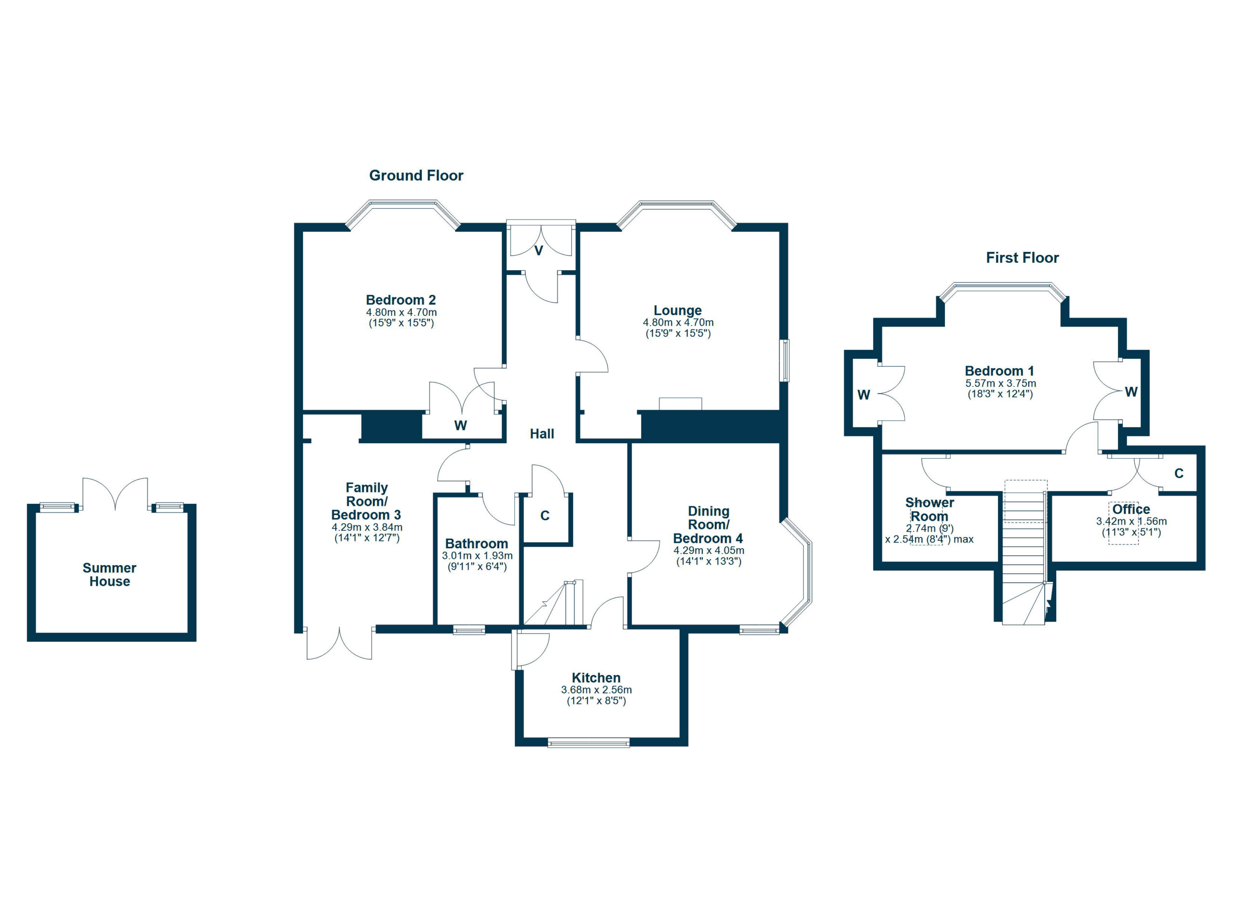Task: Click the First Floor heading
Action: click(x=1022, y=258)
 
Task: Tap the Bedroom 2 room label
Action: click(x=401, y=300)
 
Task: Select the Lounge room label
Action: click(x=677, y=310)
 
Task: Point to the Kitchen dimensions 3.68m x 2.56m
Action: click(x=596, y=690)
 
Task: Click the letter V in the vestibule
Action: click(x=539, y=251)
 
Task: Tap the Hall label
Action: click(x=542, y=434)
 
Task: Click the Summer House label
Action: click(x=109, y=575)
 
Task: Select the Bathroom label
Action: click(x=476, y=543)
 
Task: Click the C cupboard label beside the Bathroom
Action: click(x=545, y=515)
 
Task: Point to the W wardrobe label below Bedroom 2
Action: click(x=460, y=426)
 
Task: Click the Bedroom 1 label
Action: click(x=999, y=371)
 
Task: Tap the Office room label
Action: click(x=1131, y=509)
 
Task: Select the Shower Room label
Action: click(x=929, y=509)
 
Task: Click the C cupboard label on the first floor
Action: click(x=1179, y=474)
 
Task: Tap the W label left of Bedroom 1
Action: click(x=864, y=395)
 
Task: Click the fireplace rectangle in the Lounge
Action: click(x=680, y=404)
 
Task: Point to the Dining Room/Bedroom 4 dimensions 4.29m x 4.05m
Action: click(x=708, y=550)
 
